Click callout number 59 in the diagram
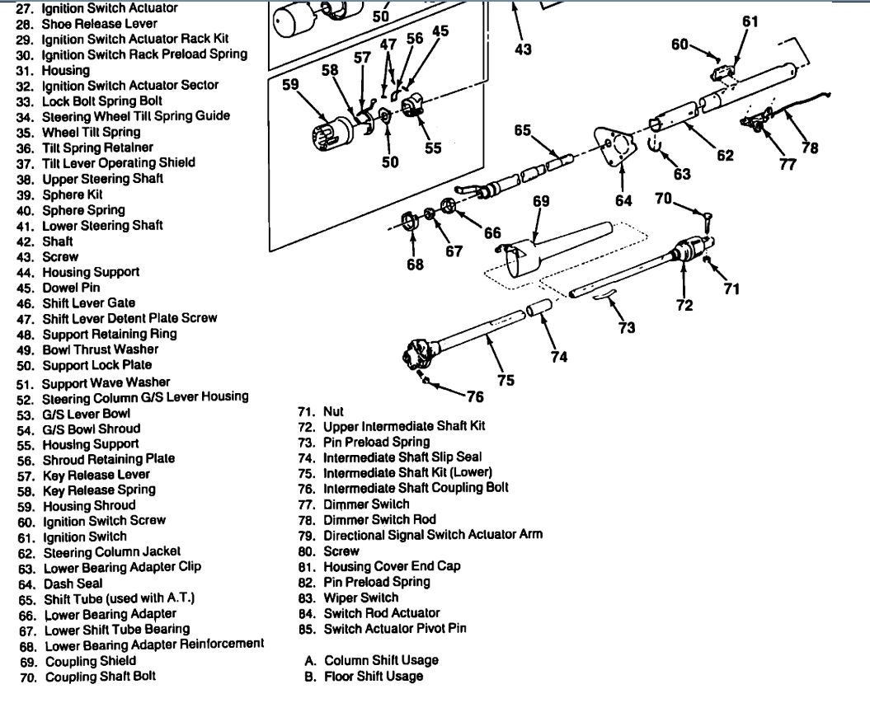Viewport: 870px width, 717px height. pos(290,85)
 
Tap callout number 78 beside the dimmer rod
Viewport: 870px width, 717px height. pos(810,148)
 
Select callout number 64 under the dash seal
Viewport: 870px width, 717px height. pos(623,200)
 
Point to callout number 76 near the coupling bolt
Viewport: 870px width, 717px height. pos(475,396)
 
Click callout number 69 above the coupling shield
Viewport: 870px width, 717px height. pos(541,200)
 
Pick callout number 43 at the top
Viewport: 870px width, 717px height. pos(523,49)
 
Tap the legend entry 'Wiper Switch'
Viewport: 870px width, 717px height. pos(360,597)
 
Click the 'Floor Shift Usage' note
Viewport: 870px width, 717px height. pos(374,677)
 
